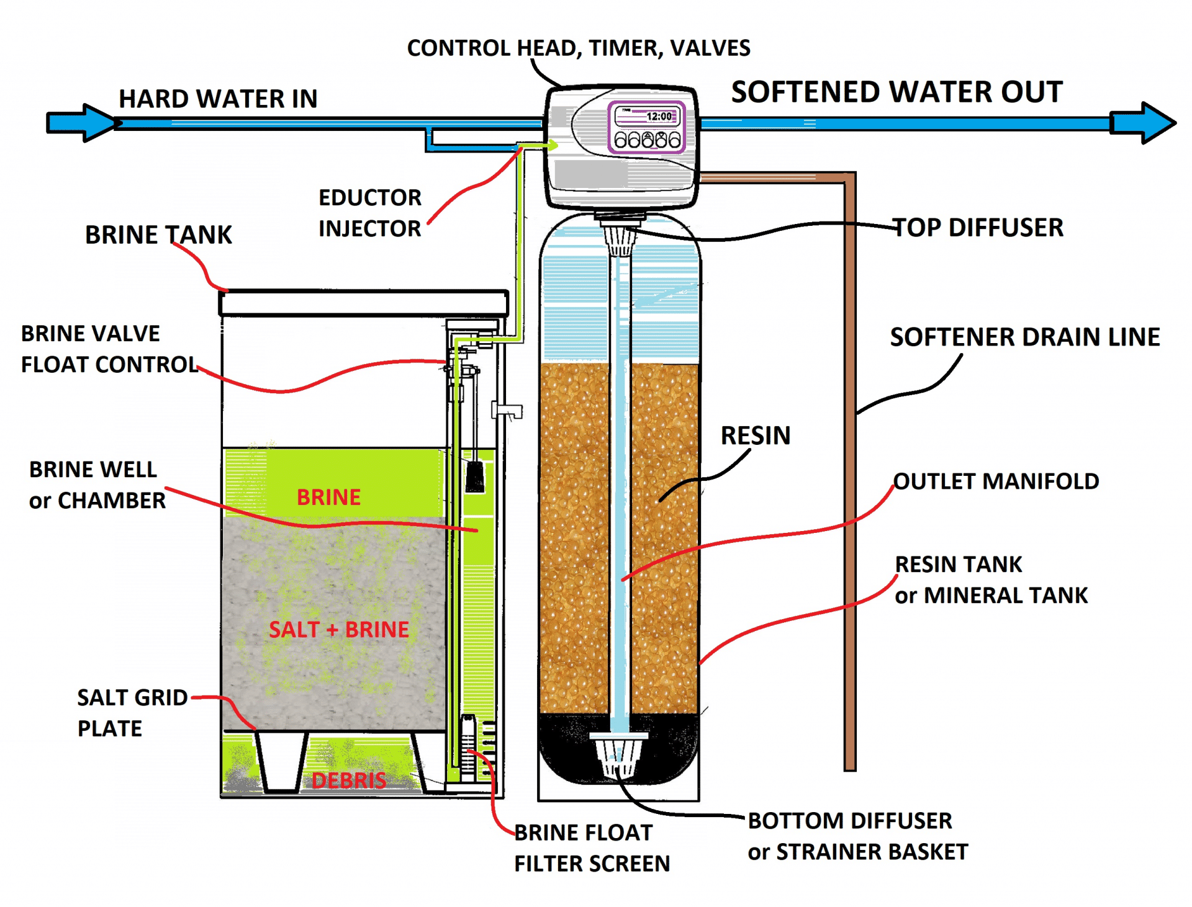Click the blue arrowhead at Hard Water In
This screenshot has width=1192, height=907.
tap(93, 123)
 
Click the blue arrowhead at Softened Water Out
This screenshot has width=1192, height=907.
tap(1149, 123)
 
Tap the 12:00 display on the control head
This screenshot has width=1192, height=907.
tap(658, 117)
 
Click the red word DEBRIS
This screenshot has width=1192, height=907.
tap(349, 780)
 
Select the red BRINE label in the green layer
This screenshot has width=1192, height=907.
tap(328, 497)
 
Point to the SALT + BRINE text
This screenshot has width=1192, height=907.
tap(339, 629)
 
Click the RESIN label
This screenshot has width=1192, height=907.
tap(756, 436)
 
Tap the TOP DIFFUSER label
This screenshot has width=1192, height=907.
tap(978, 228)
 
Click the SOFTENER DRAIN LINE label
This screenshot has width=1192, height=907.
tap(1025, 337)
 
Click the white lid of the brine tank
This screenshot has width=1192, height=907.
tap(364, 303)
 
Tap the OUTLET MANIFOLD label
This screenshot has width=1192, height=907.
tap(996, 481)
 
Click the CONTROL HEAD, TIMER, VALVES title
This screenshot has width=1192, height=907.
tap(578, 48)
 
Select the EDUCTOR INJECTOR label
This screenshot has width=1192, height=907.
tap(370, 213)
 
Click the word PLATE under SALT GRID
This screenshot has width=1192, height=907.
tap(110, 728)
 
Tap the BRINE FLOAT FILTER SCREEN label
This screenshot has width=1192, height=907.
tap(592, 848)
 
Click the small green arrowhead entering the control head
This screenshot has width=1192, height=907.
tap(552, 145)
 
